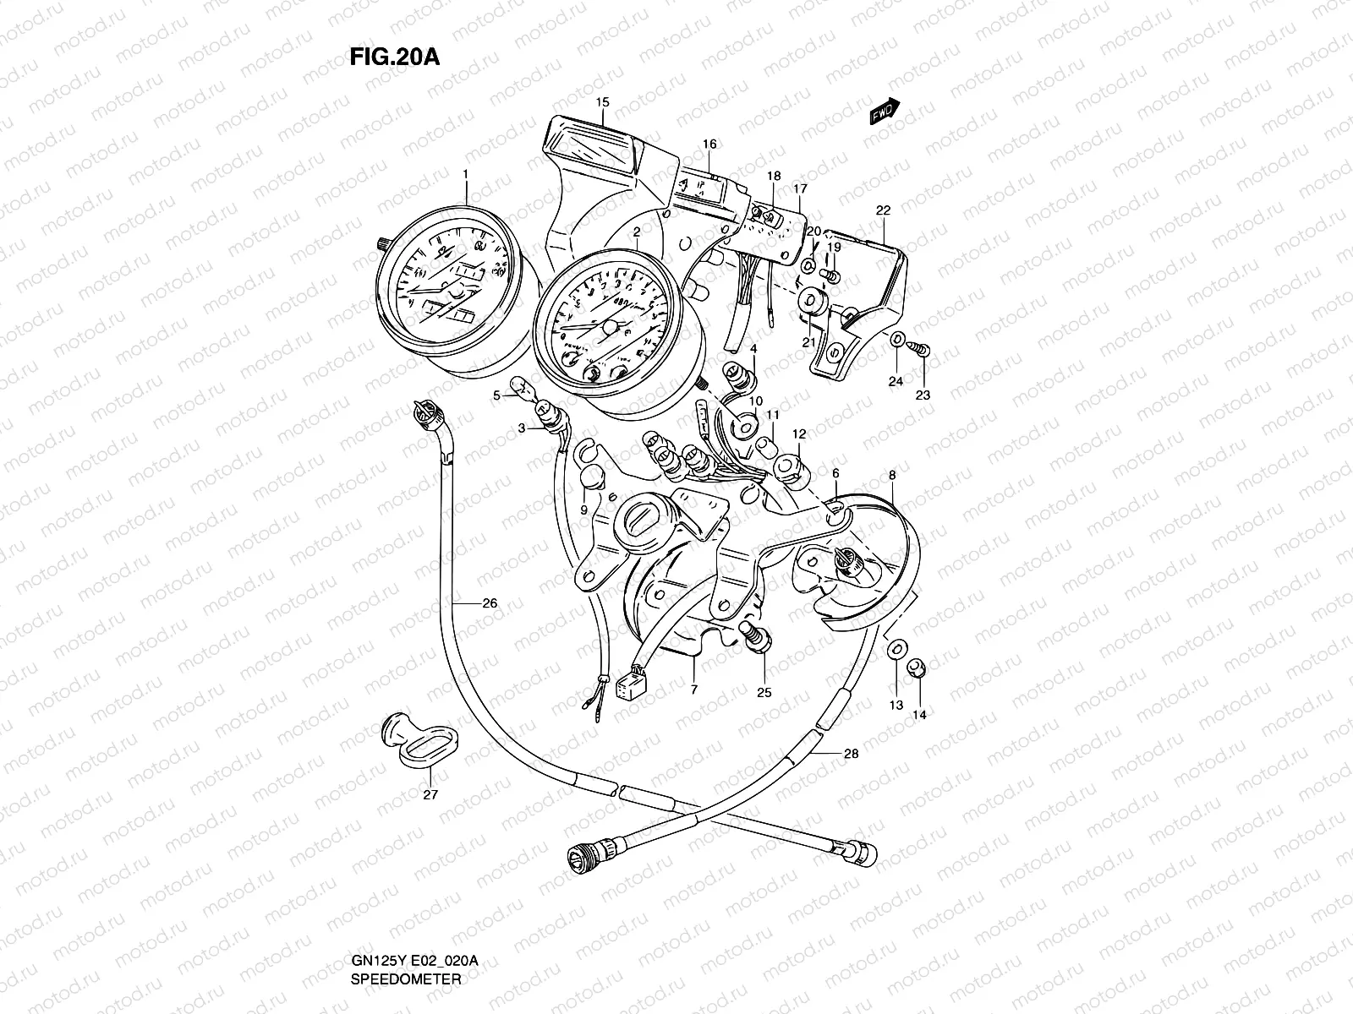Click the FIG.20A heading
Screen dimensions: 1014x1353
(393, 57)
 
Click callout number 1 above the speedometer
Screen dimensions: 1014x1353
(464, 173)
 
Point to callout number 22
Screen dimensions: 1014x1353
(883, 210)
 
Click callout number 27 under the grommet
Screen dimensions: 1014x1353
(430, 795)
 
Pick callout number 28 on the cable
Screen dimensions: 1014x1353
(851, 754)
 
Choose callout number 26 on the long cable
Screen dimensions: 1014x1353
(490, 603)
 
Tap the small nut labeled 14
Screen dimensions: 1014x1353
(915, 669)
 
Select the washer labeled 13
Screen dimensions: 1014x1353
(896, 649)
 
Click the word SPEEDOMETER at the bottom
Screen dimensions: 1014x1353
(406, 979)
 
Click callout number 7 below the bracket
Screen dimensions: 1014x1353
(693, 690)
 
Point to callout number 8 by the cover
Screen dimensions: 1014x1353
(891, 477)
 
